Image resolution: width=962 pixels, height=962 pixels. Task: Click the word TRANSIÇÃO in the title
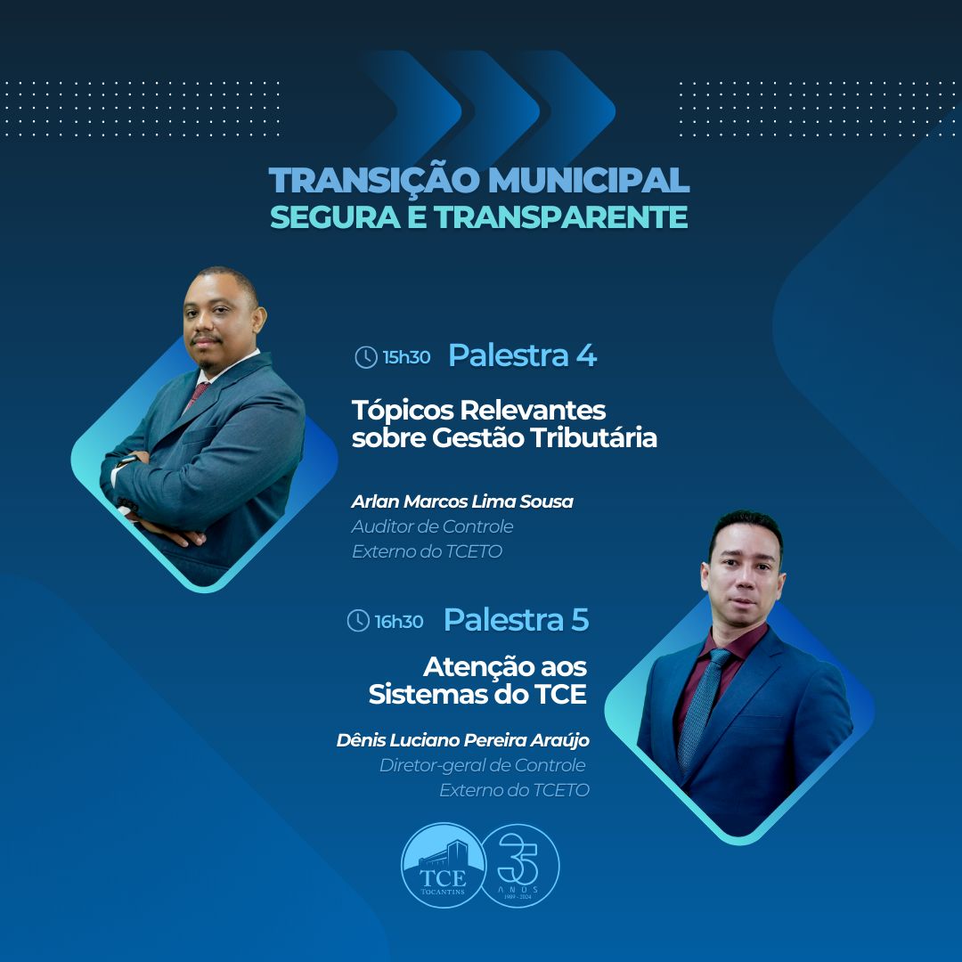pyautogui.click(x=373, y=180)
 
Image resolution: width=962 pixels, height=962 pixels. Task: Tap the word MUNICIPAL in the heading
pyautogui.click(x=589, y=180)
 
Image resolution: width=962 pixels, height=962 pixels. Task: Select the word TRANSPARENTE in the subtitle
pyautogui.click(x=561, y=217)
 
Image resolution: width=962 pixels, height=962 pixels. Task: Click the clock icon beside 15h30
pyautogui.click(x=366, y=357)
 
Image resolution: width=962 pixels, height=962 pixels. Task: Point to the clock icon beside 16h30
pyautogui.click(x=358, y=621)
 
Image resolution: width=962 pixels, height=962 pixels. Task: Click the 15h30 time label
pyautogui.click(x=406, y=357)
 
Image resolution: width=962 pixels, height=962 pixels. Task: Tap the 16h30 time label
pyautogui.click(x=399, y=622)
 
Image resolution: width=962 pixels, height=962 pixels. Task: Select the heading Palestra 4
pyautogui.click(x=522, y=355)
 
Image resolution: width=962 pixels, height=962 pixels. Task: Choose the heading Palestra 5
pyautogui.click(x=516, y=620)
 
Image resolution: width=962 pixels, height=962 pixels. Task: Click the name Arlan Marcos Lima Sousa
pyautogui.click(x=462, y=501)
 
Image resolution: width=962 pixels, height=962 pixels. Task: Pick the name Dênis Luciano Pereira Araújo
pyautogui.click(x=462, y=740)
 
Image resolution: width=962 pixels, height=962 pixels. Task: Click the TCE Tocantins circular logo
pyautogui.click(x=443, y=865)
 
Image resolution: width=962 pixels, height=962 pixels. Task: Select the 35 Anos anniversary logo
pyautogui.click(x=519, y=865)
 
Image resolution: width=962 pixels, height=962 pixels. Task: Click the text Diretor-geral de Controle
pyautogui.click(x=482, y=766)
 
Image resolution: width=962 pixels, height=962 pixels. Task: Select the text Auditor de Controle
pyautogui.click(x=433, y=526)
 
